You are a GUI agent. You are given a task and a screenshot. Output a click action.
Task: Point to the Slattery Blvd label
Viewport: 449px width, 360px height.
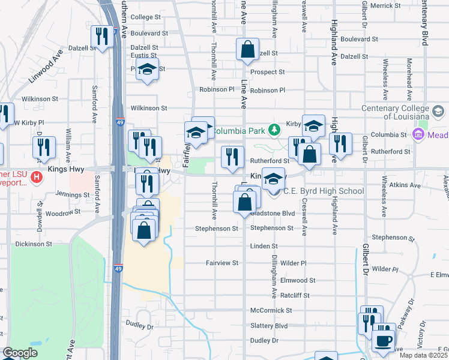[269, 326]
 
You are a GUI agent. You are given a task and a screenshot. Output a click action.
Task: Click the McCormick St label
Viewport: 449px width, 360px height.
[271, 311]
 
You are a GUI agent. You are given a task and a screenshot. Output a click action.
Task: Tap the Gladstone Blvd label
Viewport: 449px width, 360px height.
[273, 213]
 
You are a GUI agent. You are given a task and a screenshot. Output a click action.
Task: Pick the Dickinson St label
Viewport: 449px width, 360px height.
[34, 244]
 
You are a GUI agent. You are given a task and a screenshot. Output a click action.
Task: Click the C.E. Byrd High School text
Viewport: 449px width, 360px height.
[324, 191]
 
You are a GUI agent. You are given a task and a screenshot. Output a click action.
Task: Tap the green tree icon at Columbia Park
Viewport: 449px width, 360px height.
[274, 130]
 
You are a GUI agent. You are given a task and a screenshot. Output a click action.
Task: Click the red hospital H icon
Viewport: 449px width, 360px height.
[36, 177]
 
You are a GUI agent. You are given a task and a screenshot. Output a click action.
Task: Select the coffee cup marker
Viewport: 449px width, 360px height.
[383, 341]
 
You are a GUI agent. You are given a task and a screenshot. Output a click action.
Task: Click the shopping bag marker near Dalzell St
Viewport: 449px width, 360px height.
[247, 50]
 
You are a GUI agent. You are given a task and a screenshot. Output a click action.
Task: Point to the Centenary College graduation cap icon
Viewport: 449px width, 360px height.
[438, 111]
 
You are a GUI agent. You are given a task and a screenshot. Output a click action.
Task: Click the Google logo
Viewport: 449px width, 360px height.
[20, 353]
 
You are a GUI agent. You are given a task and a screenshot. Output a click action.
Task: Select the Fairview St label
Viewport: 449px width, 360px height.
[222, 263]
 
